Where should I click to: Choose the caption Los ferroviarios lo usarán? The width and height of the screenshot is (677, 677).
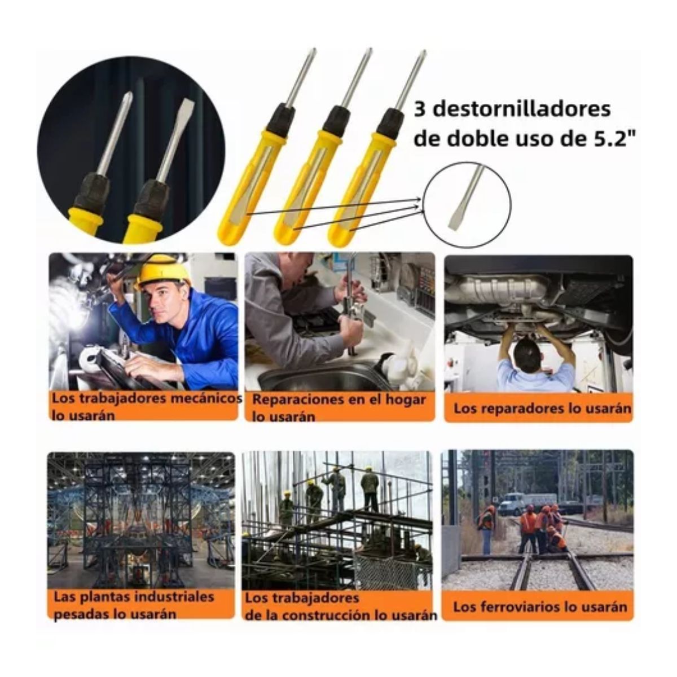(x=540, y=606)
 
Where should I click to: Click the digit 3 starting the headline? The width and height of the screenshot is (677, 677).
(x=420, y=109)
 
